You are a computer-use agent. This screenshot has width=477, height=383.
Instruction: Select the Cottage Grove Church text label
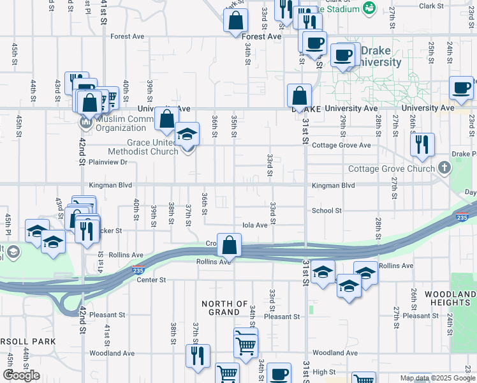tap(391, 169)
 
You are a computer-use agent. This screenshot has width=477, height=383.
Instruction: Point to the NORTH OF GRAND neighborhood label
tap(224, 308)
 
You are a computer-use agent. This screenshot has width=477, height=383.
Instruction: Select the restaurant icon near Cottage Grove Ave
tap(422, 145)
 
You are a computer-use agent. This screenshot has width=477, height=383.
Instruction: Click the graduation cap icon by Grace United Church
tap(187, 135)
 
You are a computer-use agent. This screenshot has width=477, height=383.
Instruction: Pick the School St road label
tap(327, 211)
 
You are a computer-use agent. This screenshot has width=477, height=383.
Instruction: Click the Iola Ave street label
tap(254, 225)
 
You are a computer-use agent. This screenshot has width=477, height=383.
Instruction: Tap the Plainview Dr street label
tap(108, 162)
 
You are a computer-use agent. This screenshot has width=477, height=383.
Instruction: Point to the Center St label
tap(150, 280)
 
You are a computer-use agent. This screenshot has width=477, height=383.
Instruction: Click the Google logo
tap(21, 375)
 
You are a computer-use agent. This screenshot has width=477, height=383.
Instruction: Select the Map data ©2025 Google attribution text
tap(437, 379)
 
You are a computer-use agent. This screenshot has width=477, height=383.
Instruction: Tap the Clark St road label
tap(431, 6)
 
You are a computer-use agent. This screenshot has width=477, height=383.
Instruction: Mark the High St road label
tap(323, 372)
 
